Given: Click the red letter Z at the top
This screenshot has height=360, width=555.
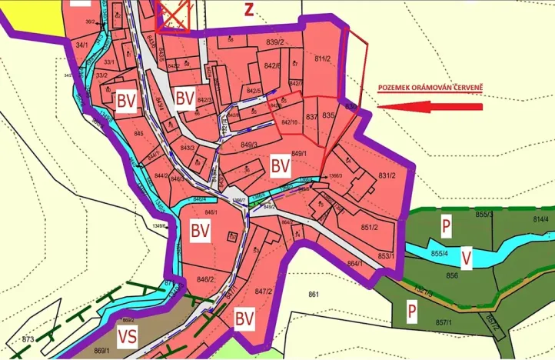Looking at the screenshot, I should [248, 10].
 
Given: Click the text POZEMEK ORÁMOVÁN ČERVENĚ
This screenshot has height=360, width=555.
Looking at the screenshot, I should [430, 88].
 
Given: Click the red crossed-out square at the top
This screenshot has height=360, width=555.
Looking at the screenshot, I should [172, 15].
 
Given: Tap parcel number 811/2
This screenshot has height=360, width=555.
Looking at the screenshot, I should [322, 58].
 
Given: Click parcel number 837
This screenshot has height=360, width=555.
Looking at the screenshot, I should [311, 116].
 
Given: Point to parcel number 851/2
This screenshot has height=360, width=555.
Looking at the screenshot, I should [369, 227].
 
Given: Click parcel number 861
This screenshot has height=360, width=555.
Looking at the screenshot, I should [313, 294].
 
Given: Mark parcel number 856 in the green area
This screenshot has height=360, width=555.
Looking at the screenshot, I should [452, 275].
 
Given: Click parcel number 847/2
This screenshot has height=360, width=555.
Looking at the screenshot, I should [264, 292].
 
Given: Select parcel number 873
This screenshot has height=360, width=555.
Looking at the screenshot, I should [28, 339].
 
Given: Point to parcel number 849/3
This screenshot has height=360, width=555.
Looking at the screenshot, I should [248, 144].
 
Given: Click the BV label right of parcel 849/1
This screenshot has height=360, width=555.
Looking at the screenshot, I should [280, 165].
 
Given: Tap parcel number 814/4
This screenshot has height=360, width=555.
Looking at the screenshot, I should [540, 219].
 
